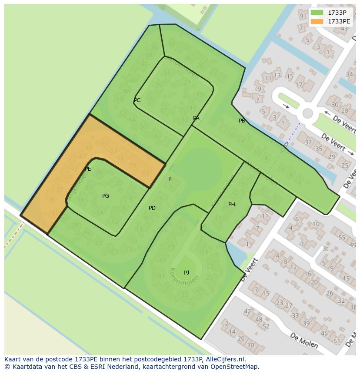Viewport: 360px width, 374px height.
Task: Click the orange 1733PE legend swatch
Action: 317,21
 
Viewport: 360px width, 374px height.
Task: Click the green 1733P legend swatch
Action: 317,13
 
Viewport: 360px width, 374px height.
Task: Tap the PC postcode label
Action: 137,100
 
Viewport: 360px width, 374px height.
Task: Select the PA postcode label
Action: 196,118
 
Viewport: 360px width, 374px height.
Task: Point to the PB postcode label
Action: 242,121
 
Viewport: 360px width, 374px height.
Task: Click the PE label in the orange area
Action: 88,169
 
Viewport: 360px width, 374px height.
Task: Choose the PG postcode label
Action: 106,196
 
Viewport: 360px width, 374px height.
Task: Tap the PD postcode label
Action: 152,208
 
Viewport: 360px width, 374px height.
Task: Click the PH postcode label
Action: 232,205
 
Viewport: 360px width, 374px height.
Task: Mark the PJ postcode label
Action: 187,273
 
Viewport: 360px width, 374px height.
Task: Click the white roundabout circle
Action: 308,114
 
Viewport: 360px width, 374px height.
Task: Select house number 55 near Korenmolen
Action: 183,230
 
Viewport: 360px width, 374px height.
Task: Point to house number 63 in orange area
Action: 145,173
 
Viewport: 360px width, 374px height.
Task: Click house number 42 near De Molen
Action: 248,311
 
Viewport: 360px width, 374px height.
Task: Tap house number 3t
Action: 325,249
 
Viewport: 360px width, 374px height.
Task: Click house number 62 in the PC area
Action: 158,136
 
